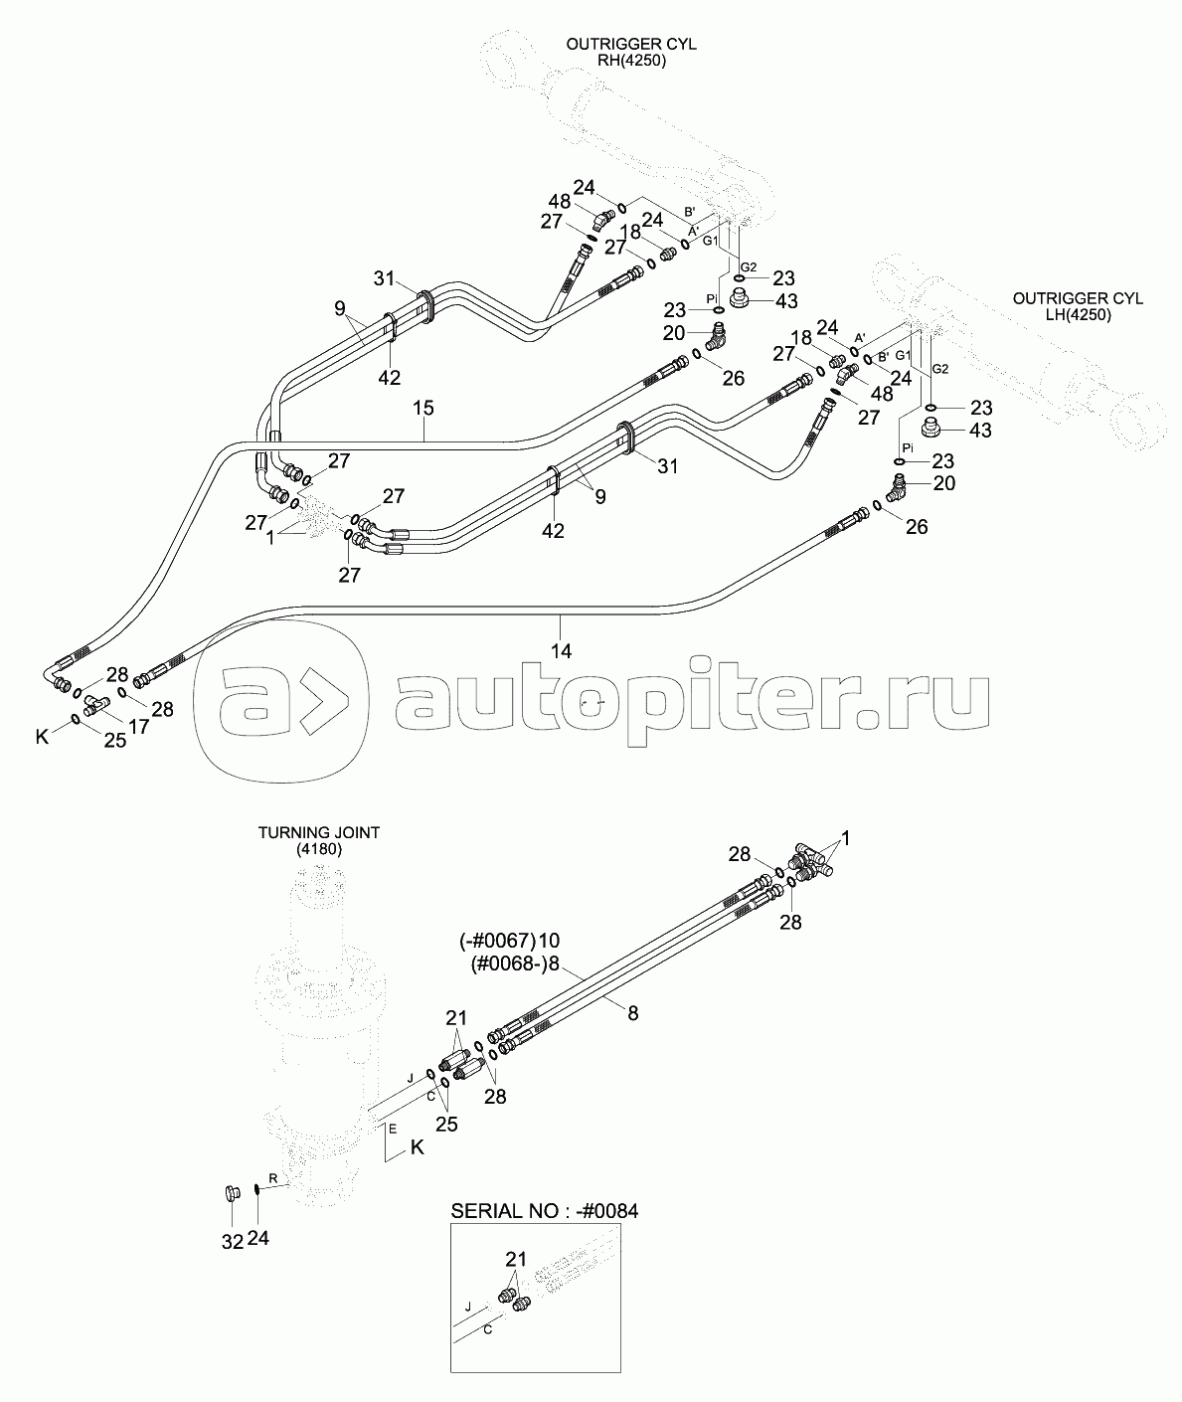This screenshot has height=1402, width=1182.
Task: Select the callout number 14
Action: click(562, 651)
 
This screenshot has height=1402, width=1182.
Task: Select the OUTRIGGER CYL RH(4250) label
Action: click(630, 52)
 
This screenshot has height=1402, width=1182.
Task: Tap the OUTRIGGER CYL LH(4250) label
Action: click(1078, 305)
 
